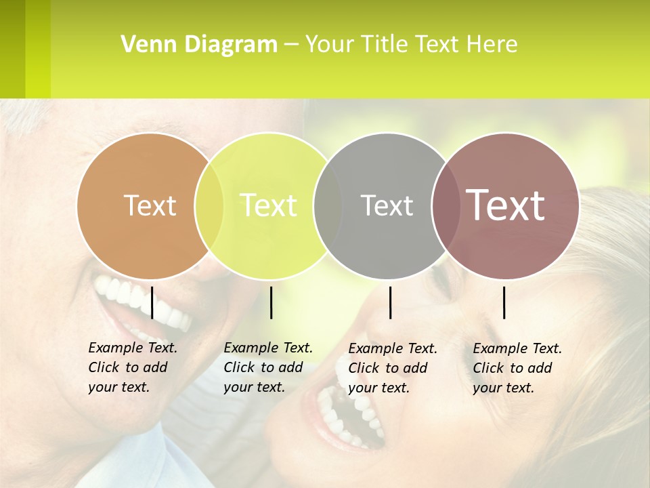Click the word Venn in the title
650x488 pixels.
click(x=145, y=45)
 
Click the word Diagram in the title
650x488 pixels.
click(x=230, y=45)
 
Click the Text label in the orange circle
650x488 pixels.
click(x=150, y=205)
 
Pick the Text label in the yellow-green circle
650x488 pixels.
click(x=269, y=205)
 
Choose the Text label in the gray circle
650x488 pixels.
click(x=387, y=205)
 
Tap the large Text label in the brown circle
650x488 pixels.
click(x=506, y=205)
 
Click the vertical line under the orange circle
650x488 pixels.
click(x=152, y=302)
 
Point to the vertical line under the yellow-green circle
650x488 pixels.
click(x=272, y=302)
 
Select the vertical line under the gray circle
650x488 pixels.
click(x=391, y=302)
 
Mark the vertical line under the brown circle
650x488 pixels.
click(x=504, y=302)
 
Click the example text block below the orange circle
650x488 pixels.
click(x=132, y=367)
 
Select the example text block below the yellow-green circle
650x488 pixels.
click(x=267, y=367)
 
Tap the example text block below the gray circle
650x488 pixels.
click(x=392, y=368)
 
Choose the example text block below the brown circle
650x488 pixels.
click(x=517, y=368)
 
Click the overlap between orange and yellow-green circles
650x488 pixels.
click(x=209, y=205)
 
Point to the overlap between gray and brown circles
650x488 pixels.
click(x=444, y=205)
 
